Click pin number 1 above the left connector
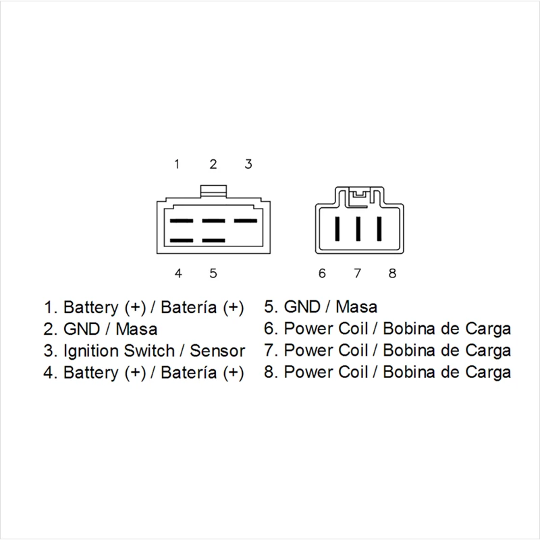click(177, 164)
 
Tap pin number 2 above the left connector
click(213, 164)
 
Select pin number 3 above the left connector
click(248, 164)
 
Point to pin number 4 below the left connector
click(178, 273)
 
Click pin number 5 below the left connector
click(213, 273)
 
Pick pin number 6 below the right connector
click(322, 273)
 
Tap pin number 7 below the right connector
click(358, 273)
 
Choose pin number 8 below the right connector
click(393, 273)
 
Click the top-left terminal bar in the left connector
click(180, 221)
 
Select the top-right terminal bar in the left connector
click(245, 221)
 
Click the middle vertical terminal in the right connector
click(358, 228)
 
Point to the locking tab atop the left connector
click(213, 192)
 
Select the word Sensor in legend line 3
click(217, 351)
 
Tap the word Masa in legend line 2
click(136, 329)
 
